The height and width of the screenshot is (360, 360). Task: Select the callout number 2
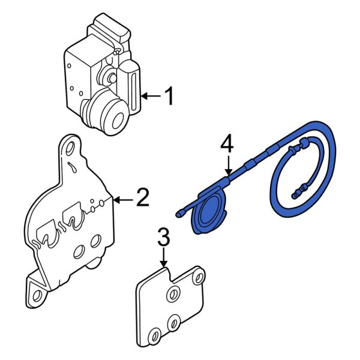coord(142,198)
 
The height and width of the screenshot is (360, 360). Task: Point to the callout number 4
coord(226,145)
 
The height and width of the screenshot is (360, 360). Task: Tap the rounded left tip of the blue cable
coord(179,213)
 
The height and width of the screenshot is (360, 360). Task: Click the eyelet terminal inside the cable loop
coord(295,194)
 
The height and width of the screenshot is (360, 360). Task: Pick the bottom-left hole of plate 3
coord(154,335)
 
